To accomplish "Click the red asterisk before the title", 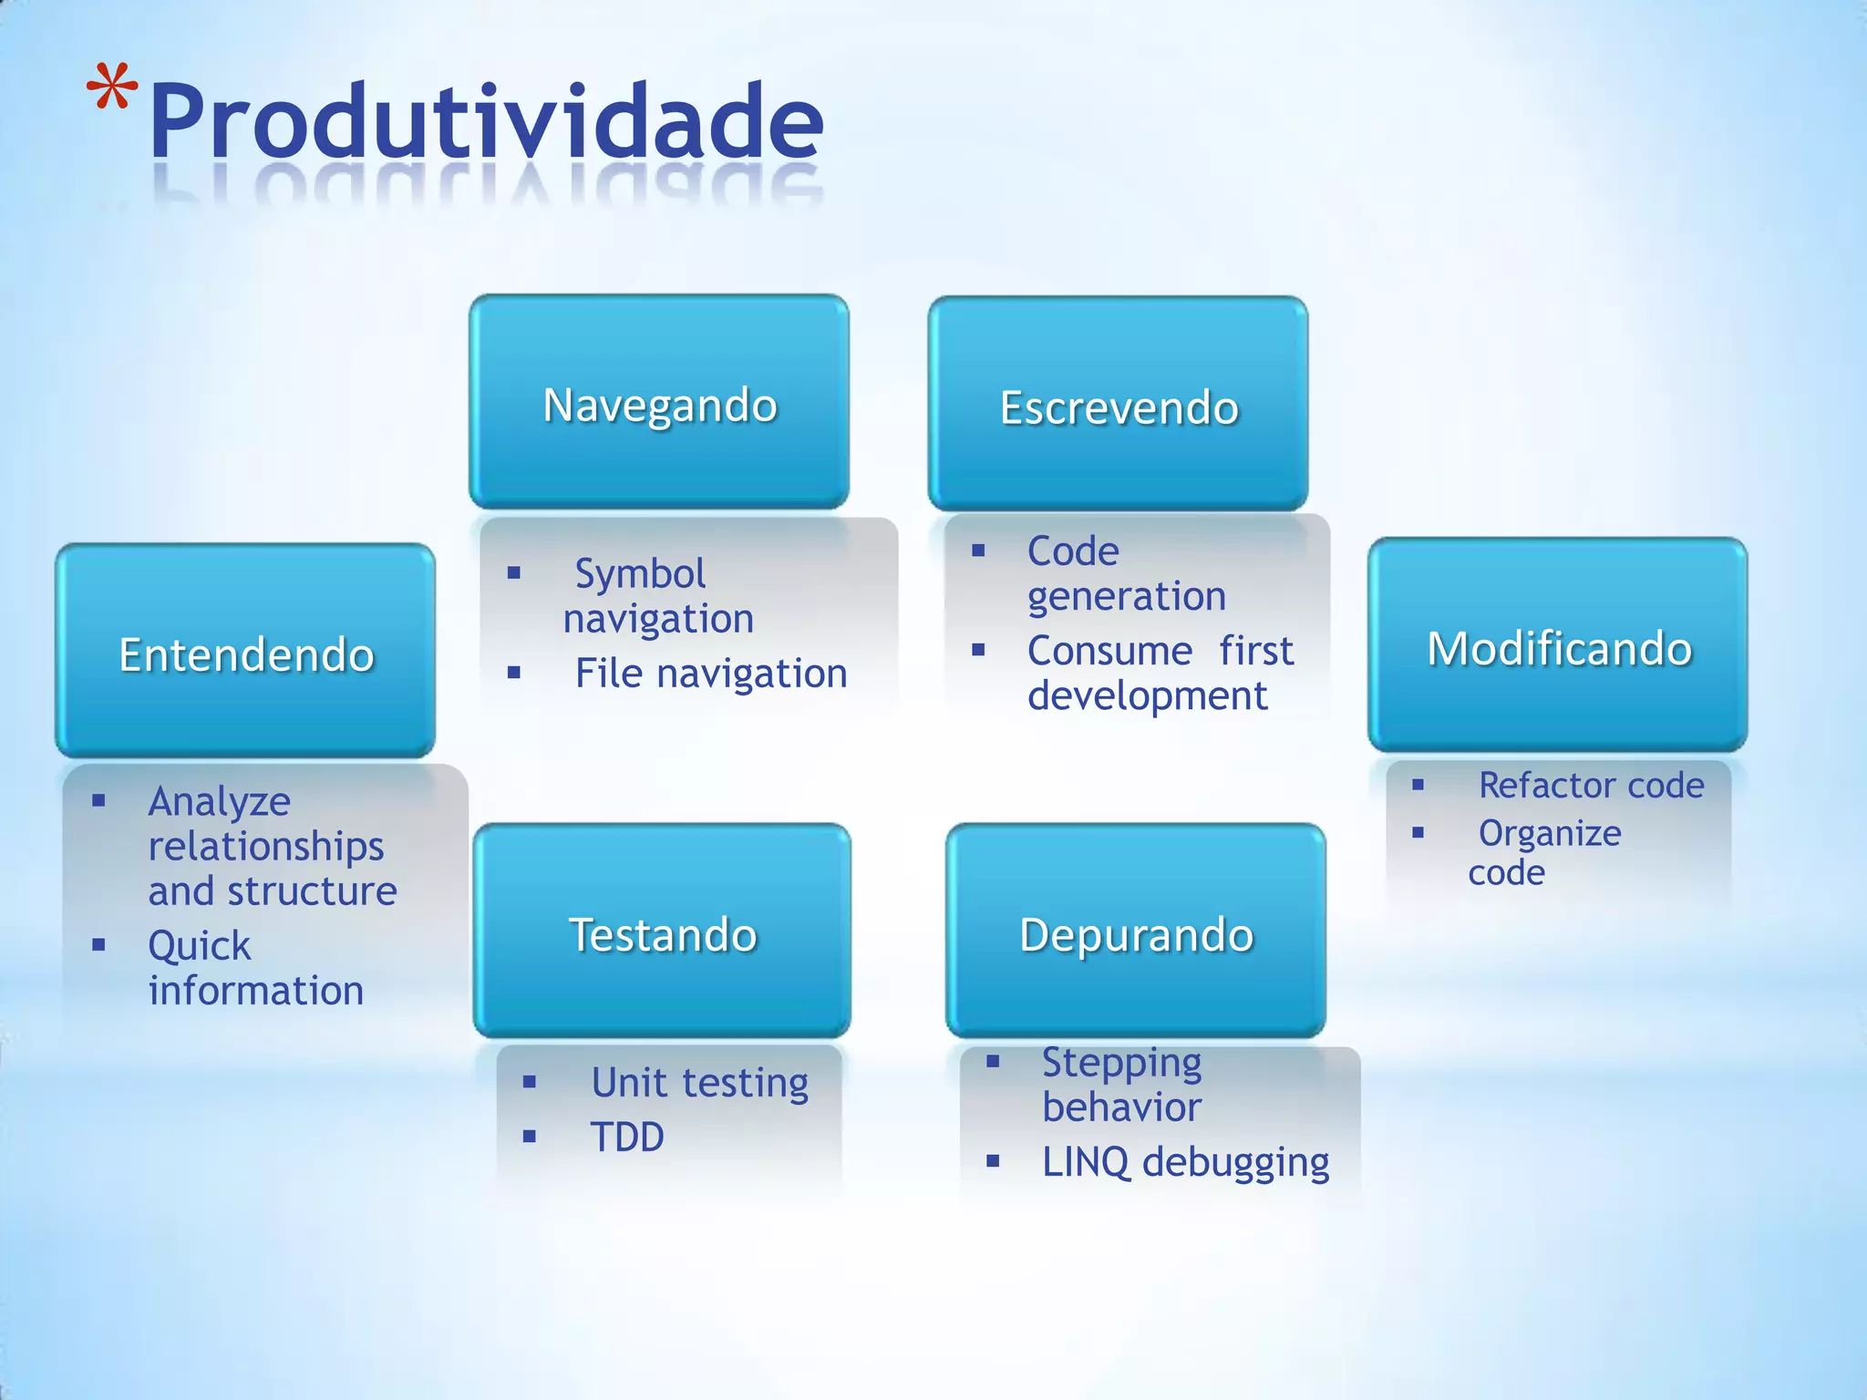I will [111, 88].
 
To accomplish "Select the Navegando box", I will [659, 402].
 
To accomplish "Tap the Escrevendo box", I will [1119, 404].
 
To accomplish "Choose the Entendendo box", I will [245, 652].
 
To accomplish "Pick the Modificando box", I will [1558, 646].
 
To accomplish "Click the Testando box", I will [662, 932].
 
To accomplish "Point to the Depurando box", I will [1136, 932].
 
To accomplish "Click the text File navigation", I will [710, 674].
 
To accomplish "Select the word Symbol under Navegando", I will [640, 574].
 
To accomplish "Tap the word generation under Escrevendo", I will [1126, 597].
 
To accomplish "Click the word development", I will [1147, 696].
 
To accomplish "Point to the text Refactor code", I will [1591, 785].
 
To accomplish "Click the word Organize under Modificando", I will [1550, 833].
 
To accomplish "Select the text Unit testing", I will [699, 1083].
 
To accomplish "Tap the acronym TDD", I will [627, 1137].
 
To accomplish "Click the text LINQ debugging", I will [1185, 1162].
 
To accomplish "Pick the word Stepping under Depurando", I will [1121, 1063].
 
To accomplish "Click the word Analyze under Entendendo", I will [219, 802].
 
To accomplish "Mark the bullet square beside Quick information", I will [98, 945].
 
